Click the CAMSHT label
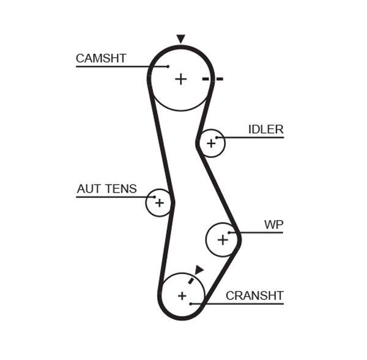pyautogui.click(x=101, y=59)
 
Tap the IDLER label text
pyautogui.click(x=265, y=130)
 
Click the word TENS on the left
pyautogui.click(x=121, y=189)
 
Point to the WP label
pyautogui.click(x=273, y=225)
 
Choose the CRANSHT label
pyautogui.click(x=254, y=296)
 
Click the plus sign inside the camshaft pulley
pyautogui.click(x=180, y=79)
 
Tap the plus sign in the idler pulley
pyautogui.click(x=211, y=144)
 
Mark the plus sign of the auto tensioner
pyautogui.click(x=159, y=202)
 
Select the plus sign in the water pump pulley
pyautogui.click(x=223, y=240)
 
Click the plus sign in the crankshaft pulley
pyautogui.click(x=182, y=296)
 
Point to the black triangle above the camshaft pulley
pyautogui.click(x=180, y=39)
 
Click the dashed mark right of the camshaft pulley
pyautogui.click(x=213, y=79)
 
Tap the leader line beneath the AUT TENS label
pyautogui.click(x=110, y=197)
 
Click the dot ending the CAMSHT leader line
pyautogui.click(x=167, y=66)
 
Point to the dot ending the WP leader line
pyautogui.click(x=229, y=232)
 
